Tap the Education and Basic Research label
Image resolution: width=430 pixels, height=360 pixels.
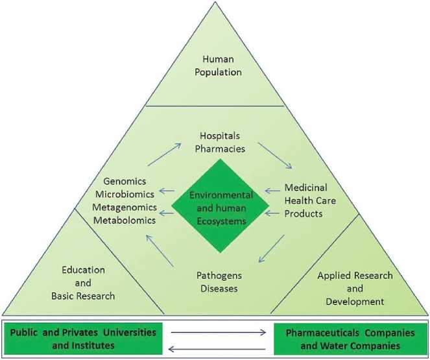click(x=88, y=283)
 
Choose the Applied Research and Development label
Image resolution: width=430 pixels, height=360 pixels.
click(x=355, y=288)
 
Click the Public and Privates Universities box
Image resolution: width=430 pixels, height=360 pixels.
click(x=84, y=339)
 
